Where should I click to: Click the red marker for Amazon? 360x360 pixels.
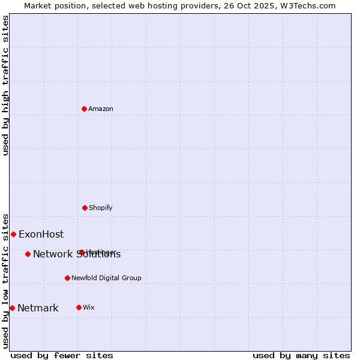click(85, 109)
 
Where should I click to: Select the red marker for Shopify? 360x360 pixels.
click(85, 208)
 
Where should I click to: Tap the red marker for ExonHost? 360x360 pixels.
click(13, 234)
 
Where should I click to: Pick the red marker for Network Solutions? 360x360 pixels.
click(28, 254)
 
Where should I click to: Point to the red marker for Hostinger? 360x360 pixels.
click(82, 252)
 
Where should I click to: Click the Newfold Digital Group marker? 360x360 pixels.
click(67, 278)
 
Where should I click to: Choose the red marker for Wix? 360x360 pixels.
click(79, 307)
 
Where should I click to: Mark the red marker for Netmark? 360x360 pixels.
click(12, 308)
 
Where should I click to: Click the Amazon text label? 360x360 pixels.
click(101, 109)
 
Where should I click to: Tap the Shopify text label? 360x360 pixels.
click(101, 208)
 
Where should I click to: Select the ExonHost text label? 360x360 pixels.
click(41, 234)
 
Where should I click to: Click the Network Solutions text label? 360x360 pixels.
click(77, 254)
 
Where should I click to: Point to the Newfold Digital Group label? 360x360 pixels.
click(106, 278)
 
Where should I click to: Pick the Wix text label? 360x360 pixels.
click(89, 307)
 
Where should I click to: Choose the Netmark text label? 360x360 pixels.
click(38, 308)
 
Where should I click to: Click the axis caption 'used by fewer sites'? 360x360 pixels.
click(62, 355)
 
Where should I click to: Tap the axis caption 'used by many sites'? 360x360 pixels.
click(301, 355)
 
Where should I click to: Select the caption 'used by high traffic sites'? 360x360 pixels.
click(5, 85)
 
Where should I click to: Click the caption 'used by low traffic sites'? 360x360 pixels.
click(5, 280)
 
